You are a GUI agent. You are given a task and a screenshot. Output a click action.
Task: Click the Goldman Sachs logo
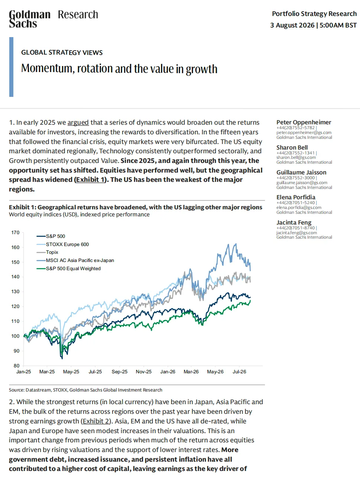pyautogui.click(x=30, y=19)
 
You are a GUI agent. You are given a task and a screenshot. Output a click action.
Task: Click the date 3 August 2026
pyautogui.click(x=292, y=25)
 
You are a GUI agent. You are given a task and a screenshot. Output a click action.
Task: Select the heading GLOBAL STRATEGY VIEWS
pyautogui.click(x=62, y=52)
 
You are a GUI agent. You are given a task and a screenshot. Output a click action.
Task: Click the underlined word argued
pyautogui.click(x=78, y=122)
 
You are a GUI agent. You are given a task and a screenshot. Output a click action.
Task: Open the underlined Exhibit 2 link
pyautogui.click(x=96, y=421)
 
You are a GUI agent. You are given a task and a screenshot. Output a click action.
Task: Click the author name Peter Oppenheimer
pyautogui.click(x=304, y=122)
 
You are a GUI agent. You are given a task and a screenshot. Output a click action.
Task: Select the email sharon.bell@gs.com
pyautogui.click(x=296, y=157)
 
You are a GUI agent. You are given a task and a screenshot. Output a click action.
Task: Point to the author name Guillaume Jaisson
pyautogui.click(x=301, y=172)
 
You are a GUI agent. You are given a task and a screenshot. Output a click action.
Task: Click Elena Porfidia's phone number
pyautogui.click(x=296, y=203)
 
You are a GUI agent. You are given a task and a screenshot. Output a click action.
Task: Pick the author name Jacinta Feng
pyautogui.click(x=294, y=222)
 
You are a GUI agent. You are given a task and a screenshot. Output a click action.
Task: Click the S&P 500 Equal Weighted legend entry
pyautogui.click(x=68, y=269)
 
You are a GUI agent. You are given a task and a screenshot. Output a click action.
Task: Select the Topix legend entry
pyautogui.click(x=47, y=252)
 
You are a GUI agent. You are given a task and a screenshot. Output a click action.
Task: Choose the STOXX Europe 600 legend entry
pyautogui.click(x=62, y=244)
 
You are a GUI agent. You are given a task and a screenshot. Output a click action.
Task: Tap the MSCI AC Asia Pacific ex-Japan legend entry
pyautogui.click(x=75, y=260)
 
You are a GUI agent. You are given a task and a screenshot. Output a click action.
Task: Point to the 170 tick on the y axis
pyautogui.click(x=15, y=233)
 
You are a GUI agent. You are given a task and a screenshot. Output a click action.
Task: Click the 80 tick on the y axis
pyautogui.click(x=17, y=366)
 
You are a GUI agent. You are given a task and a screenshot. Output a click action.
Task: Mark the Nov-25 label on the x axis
pyautogui.click(x=144, y=372)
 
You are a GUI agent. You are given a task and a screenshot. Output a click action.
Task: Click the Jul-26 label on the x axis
pyautogui.click(x=239, y=372)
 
